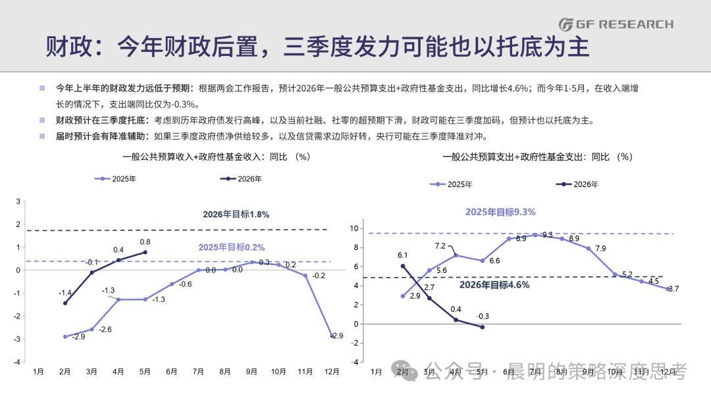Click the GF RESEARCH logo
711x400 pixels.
pyautogui.click(x=616, y=24)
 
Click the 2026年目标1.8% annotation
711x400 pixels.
pyautogui.click(x=236, y=214)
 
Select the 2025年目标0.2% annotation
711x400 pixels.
pyautogui.click(x=231, y=247)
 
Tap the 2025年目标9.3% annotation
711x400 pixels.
pyautogui.click(x=500, y=212)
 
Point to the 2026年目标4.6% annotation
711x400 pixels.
pyautogui.click(x=494, y=285)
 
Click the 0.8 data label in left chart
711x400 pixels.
pyautogui.click(x=145, y=242)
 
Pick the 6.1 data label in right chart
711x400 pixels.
pyautogui.click(x=403, y=255)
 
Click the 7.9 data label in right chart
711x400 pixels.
pyautogui.click(x=600, y=248)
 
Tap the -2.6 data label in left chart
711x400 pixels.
pyautogui.click(x=105, y=330)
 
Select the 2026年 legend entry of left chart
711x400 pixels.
pyautogui.click(x=241, y=179)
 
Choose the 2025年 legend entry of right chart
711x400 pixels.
pyautogui.click(x=451, y=184)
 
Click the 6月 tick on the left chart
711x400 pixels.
pyautogui.click(x=171, y=372)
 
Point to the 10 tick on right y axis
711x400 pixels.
pyautogui.click(x=354, y=228)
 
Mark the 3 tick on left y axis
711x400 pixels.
pyautogui.click(x=18, y=201)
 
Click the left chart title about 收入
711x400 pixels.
pyautogui.click(x=217, y=157)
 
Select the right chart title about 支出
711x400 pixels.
pyautogui.click(x=537, y=157)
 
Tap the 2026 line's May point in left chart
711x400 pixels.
pyautogui.click(x=145, y=252)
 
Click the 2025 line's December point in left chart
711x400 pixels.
pyautogui.click(x=332, y=336)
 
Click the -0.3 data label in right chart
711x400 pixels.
pyautogui.click(x=483, y=316)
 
